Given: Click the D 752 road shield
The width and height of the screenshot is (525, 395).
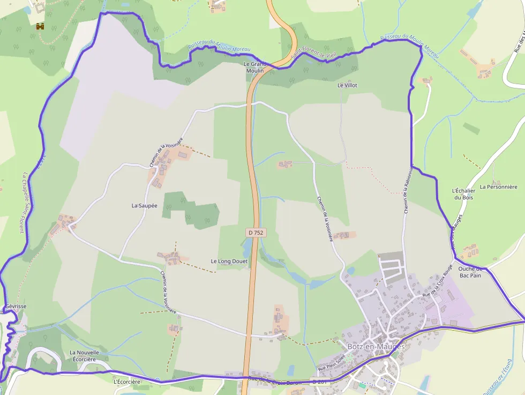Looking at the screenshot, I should [x=256, y=233].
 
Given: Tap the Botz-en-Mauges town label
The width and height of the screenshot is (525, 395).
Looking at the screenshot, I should [x=376, y=346].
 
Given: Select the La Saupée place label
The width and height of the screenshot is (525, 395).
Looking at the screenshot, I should [x=145, y=205].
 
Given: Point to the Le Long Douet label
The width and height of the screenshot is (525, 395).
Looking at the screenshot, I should [x=229, y=262].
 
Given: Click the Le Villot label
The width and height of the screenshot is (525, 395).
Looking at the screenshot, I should [x=347, y=85].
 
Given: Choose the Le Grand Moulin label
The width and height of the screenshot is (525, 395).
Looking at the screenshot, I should [x=255, y=67].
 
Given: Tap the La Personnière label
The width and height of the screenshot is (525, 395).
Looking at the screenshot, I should [x=499, y=187].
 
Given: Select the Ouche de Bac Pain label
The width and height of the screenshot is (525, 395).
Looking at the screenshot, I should [x=470, y=272].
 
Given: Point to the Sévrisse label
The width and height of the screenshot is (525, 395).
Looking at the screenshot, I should [x=16, y=306].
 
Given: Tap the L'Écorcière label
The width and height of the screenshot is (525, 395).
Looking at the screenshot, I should [x=127, y=382].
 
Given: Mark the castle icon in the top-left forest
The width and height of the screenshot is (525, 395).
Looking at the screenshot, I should [x=40, y=26].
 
